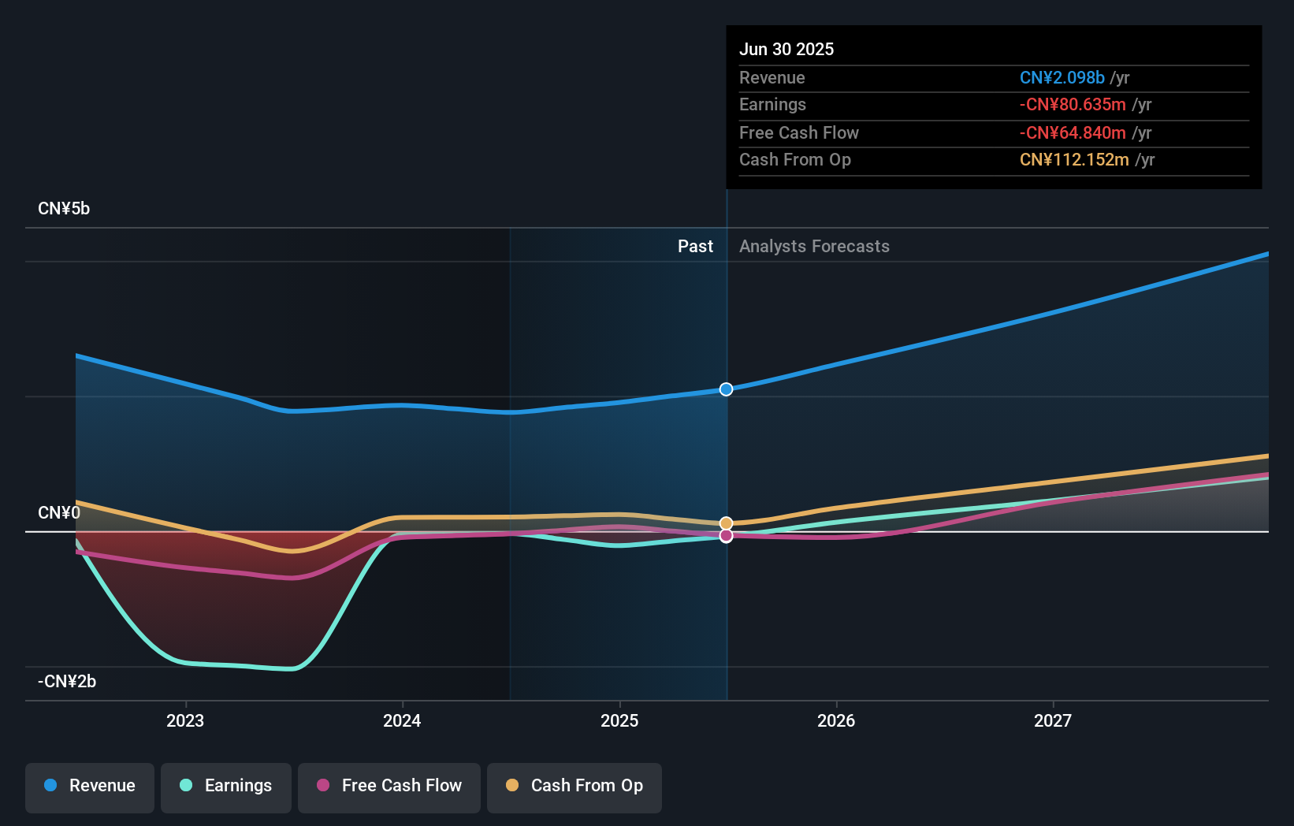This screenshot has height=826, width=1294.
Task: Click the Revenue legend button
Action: click(x=90, y=787)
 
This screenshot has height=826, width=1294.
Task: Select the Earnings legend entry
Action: click(x=226, y=787)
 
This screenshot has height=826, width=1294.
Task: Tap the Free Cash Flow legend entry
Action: click(x=389, y=787)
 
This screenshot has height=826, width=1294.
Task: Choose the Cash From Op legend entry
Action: click(x=574, y=787)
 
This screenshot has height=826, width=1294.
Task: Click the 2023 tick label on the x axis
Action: click(x=185, y=721)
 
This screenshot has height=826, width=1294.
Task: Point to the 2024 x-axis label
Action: click(x=402, y=721)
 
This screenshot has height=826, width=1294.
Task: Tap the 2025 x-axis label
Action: click(x=619, y=721)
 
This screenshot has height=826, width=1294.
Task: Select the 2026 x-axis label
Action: click(x=836, y=721)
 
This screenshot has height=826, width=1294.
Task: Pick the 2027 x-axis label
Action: click(x=1053, y=721)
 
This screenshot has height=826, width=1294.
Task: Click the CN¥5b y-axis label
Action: click(x=64, y=209)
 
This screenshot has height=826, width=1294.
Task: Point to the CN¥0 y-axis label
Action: click(x=59, y=513)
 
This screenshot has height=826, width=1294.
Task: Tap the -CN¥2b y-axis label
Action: click(x=67, y=682)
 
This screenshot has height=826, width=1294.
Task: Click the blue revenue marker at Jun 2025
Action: click(x=727, y=389)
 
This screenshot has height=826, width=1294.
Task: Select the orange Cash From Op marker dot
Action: click(x=727, y=523)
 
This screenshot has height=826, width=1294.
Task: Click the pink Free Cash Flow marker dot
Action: click(x=727, y=536)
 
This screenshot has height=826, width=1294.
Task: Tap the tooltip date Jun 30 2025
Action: click(x=786, y=50)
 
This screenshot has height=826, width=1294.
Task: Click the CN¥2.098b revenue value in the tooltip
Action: click(x=1062, y=78)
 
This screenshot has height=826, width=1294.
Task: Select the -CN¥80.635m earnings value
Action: click(x=1072, y=105)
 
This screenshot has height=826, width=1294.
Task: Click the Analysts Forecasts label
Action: click(x=814, y=247)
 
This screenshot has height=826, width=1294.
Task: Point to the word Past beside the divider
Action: click(x=695, y=247)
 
